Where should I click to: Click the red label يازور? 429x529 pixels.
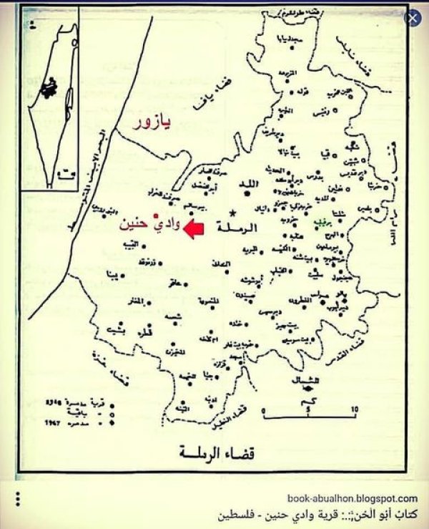coord(156,126)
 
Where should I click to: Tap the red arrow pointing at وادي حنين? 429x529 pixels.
coord(194,228)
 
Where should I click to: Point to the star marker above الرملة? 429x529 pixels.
coord(234,213)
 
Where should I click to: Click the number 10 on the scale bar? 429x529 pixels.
coord(354,409)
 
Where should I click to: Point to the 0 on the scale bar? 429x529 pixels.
coord(265,410)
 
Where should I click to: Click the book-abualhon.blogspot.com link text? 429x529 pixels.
coord(352,498)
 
